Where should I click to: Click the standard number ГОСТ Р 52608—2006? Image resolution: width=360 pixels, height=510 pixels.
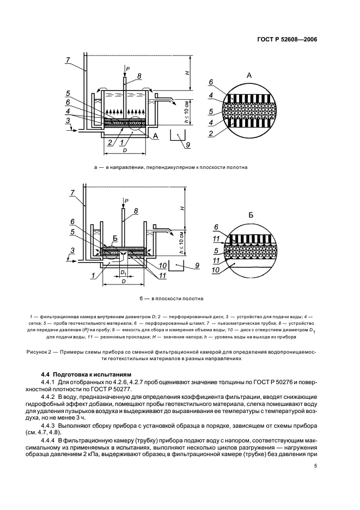[x=287, y=40]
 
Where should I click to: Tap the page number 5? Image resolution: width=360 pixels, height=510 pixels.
[x=315, y=465]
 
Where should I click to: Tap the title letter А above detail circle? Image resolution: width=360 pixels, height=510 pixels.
[x=249, y=75]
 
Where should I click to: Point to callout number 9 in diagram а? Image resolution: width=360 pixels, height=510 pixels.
[x=188, y=145]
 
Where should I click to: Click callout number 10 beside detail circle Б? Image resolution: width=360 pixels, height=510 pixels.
[x=215, y=269]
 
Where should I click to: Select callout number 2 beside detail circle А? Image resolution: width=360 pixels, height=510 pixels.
[x=211, y=133]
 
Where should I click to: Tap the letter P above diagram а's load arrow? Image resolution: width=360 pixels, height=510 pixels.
[x=128, y=69]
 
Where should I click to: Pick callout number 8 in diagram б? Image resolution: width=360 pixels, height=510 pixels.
[x=136, y=211]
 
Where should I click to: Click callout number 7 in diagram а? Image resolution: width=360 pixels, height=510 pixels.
[x=68, y=60]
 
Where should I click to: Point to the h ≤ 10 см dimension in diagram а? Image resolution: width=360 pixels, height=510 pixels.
[x=186, y=111]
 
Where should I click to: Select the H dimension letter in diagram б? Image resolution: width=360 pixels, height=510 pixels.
[x=183, y=208]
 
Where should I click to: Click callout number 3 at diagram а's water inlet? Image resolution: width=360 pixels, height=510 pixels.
[x=68, y=120]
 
